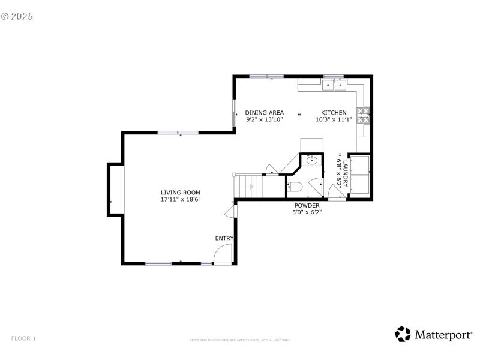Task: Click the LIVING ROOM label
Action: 180,192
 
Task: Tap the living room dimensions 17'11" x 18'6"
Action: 180,199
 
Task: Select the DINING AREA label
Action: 264,113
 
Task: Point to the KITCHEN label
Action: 334,113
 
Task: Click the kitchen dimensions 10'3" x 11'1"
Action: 334,119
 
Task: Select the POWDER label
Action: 307,205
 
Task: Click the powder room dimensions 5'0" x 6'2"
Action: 307,212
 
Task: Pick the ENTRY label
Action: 224,238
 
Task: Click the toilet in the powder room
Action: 294,187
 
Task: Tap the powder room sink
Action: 312,160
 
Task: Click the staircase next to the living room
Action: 249,186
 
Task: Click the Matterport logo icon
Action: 403,334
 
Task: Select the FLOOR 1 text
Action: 23,338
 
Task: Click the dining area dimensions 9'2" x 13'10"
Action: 264,119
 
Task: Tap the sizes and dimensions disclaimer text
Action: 240,340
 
